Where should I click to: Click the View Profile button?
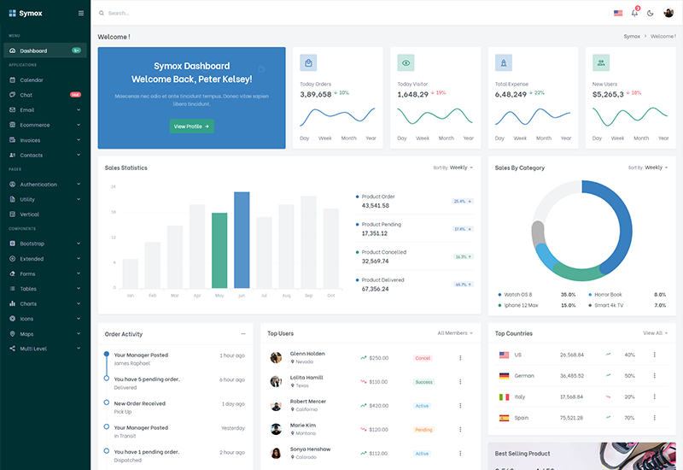point(191,126)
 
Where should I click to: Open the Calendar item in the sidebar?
point(32,80)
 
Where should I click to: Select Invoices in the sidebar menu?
point(31,140)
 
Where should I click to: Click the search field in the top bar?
point(171,13)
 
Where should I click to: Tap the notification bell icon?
point(634,13)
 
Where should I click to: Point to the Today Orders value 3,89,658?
point(316,94)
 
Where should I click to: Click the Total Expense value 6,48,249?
point(511,94)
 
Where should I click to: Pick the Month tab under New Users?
point(641,138)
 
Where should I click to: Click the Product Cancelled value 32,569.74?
point(376,261)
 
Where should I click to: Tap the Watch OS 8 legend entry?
point(517,294)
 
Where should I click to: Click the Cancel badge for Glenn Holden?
point(423,358)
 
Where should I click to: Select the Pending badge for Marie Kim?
point(423,430)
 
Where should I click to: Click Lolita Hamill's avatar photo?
point(276,382)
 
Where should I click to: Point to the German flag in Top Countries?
point(504,376)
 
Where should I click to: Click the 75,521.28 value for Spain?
point(572,418)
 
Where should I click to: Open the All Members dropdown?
point(455,333)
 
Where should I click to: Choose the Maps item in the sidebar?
point(27,334)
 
